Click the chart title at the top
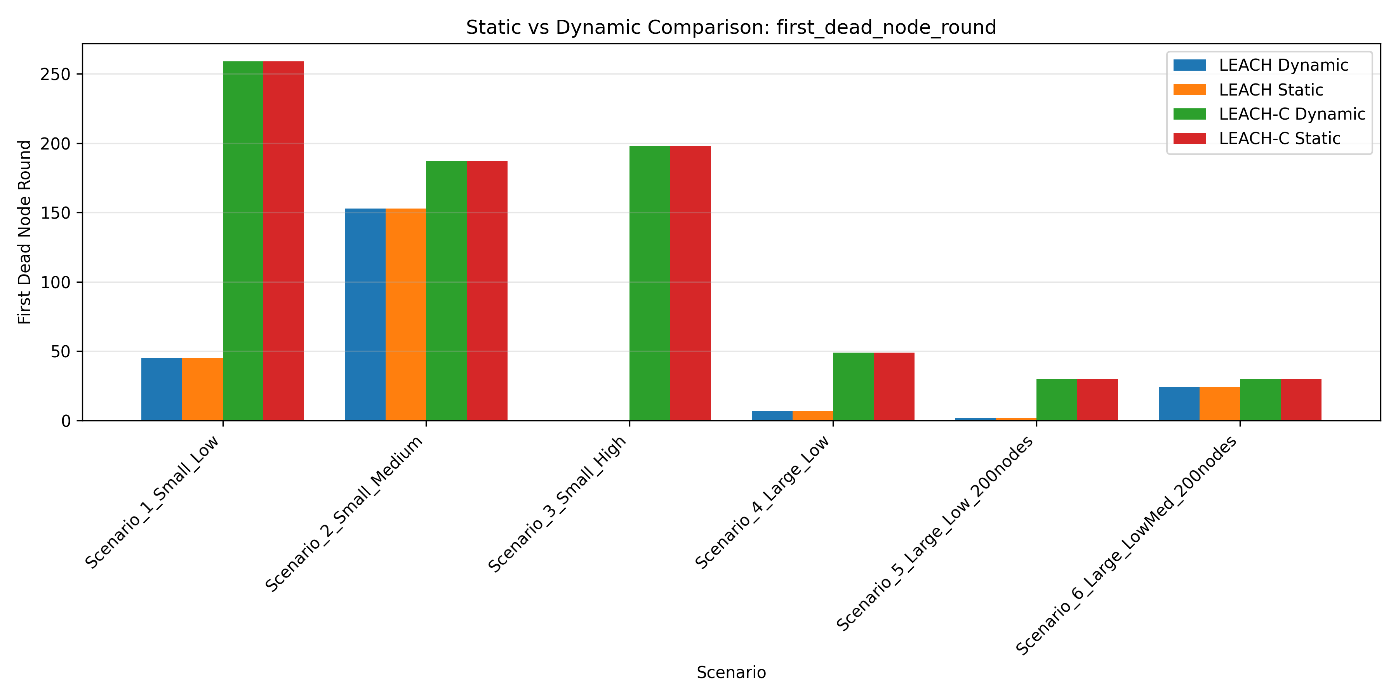click(730, 27)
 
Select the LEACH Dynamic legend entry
click(1283, 65)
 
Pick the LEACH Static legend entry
click(1271, 90)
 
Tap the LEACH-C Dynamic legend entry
click(1292, 114)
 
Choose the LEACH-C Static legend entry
click(1279, 138)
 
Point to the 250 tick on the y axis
click(56, 74)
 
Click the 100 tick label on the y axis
click(56, 282)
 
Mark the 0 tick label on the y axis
click(66, 421)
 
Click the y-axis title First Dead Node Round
click(24, 232)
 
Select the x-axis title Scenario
click(730, 673)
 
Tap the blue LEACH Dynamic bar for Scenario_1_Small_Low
click(162, 389)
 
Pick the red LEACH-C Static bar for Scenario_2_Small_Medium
click(487, 291)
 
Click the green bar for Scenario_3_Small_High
click(650, 283)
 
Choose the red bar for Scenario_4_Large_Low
click(894, 386)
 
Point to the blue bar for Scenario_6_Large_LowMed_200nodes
click(1179, 404)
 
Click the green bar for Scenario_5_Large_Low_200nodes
click(1057, 400)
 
